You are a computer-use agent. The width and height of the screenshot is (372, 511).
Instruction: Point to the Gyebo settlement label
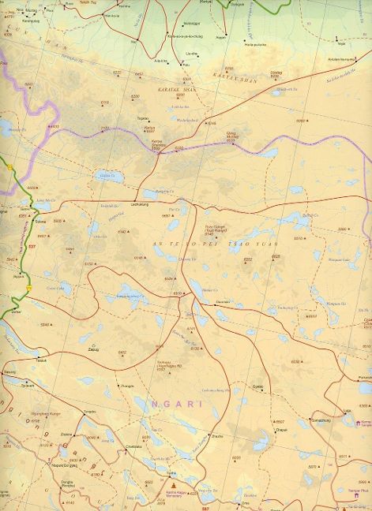coord(257,386)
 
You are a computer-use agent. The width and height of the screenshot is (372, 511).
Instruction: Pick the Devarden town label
coord(224,302)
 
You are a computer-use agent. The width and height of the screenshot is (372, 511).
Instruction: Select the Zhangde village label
coord(126,386)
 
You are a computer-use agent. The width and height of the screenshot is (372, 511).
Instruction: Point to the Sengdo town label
coord(90,412)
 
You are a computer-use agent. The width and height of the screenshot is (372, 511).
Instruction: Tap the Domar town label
coord(16,312)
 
